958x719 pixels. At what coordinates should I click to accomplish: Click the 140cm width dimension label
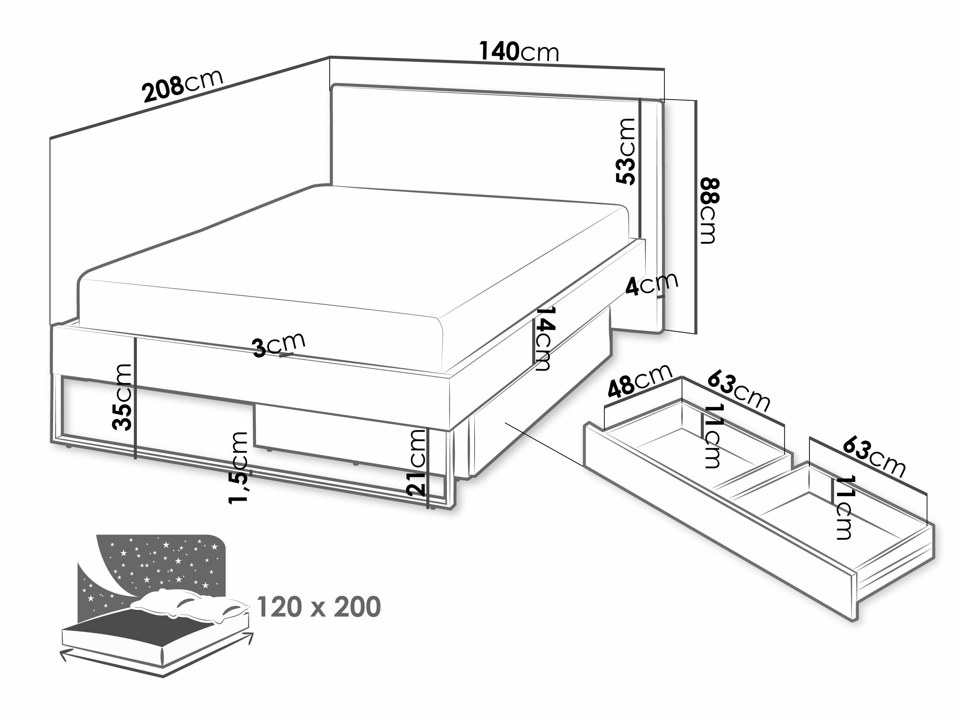[519, 52]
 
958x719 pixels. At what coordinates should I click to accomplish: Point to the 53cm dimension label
[626, 151]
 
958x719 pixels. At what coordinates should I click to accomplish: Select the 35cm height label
[122, 397]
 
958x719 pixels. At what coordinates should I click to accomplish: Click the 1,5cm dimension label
[239, 468]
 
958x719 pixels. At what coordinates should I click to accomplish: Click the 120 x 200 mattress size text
[319, 607]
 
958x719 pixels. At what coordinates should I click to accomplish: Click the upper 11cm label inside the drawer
[713, 436]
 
